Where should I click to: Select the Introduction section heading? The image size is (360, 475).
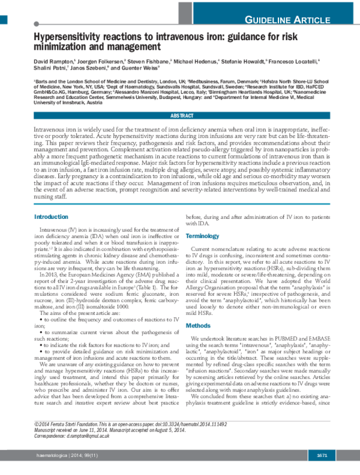click(x=51, y=217)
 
